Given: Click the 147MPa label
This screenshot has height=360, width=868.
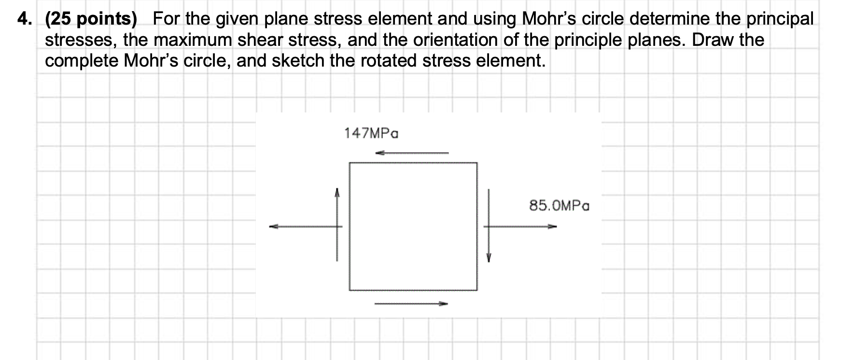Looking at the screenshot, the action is (371, 133).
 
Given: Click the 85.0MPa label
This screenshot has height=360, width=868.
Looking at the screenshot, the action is (559, 206).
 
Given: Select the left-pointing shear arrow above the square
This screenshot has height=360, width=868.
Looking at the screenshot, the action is (412, 153).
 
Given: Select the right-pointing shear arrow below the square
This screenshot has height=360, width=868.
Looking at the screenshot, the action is (411, 304).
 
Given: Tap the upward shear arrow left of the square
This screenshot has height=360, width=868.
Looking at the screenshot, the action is (337, 224).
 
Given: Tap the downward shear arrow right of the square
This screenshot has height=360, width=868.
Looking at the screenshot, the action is (489, 224).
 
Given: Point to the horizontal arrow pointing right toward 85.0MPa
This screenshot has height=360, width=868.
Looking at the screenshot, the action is (520, 226).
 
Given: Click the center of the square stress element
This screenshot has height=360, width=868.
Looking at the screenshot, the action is (413, 226).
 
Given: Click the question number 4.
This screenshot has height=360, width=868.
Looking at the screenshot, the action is (23, 19).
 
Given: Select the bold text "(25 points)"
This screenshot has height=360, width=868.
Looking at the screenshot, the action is (91, 19).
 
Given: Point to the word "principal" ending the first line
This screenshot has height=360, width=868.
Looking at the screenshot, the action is (780, 19).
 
